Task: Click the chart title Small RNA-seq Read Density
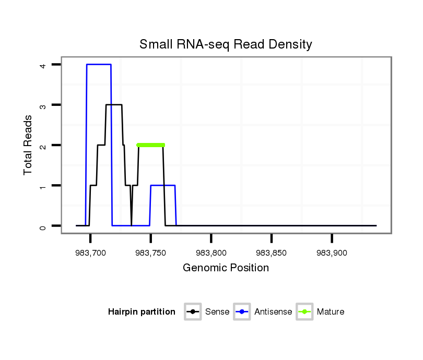(226, 44)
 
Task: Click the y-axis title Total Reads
(28, 145)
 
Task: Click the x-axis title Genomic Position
(226, 268)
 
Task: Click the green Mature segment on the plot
(150, 145)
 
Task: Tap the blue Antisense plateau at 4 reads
(99, 64)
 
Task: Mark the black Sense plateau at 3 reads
(114, 105)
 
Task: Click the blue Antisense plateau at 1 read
(163, 185)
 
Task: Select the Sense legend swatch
(193, 312)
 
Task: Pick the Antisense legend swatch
(242, 312)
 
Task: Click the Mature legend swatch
(304, 312)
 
